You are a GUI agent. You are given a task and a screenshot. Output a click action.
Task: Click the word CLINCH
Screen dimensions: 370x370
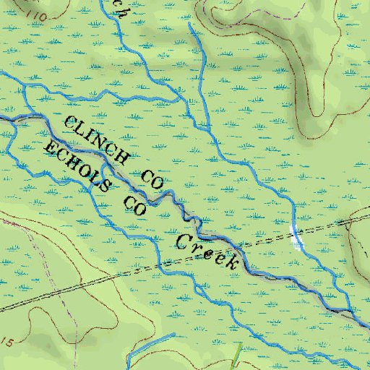tap(98, 139)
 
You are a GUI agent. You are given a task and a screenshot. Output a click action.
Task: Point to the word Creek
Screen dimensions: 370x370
tap(208, 251)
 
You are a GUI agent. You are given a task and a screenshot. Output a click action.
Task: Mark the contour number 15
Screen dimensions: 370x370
tap(7, 340)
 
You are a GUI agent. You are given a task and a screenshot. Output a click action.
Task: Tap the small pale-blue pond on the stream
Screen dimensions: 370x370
tap(296, 236)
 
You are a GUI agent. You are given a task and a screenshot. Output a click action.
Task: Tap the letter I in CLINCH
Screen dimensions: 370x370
tap(90, 134)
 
